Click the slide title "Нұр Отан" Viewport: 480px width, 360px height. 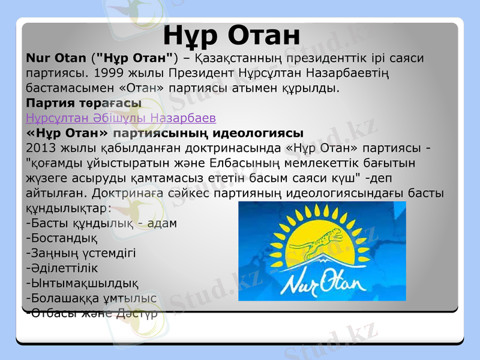coord(232,35)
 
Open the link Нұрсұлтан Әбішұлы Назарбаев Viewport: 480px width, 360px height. coord(121,118)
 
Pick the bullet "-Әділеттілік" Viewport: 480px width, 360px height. coord(62,268)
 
